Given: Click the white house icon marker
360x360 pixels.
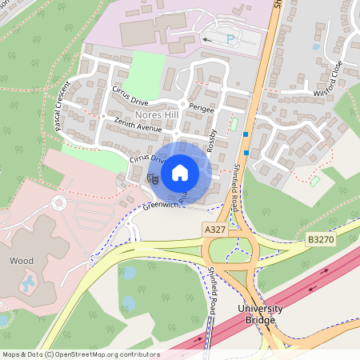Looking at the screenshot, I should pos(179,172).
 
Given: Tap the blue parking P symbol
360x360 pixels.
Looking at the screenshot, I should pos(231,38).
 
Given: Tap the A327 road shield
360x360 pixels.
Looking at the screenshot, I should pos(214,230).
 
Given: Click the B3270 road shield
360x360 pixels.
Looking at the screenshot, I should pos(320,238).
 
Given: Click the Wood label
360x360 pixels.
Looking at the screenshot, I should pos(21,261).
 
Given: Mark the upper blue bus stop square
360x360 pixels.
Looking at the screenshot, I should pos(246,134).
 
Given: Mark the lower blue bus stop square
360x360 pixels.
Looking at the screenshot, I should pos(246,152).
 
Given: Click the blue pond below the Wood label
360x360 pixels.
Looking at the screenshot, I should pos(29,281).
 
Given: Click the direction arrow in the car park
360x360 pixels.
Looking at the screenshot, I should pos(210,37).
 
